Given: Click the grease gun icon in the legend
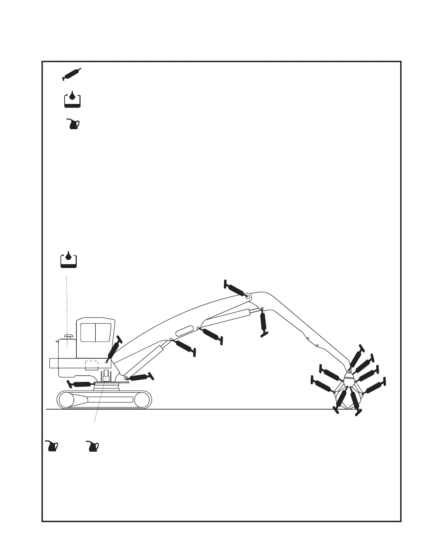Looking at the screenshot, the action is [x=72, y=74].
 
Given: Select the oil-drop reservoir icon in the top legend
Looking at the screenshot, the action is [x=72, y=99].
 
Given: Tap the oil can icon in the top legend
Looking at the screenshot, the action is [x=73, y=124].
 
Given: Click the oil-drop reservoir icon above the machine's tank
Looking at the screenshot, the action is [x=68, y=260].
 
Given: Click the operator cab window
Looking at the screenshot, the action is [x=96, y=332].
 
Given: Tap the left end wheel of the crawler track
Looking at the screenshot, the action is [x=66, y=400].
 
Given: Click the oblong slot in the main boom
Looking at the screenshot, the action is [x=185, y=330].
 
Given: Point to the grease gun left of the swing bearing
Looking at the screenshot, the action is [x=81, y=384].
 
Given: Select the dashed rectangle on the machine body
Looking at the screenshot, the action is [x=92, y=365].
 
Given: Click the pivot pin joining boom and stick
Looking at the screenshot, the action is [x=248, y=296].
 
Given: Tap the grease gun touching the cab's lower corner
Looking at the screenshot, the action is [x=114, y=349].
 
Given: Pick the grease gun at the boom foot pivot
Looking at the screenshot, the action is [x=140, y=377].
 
